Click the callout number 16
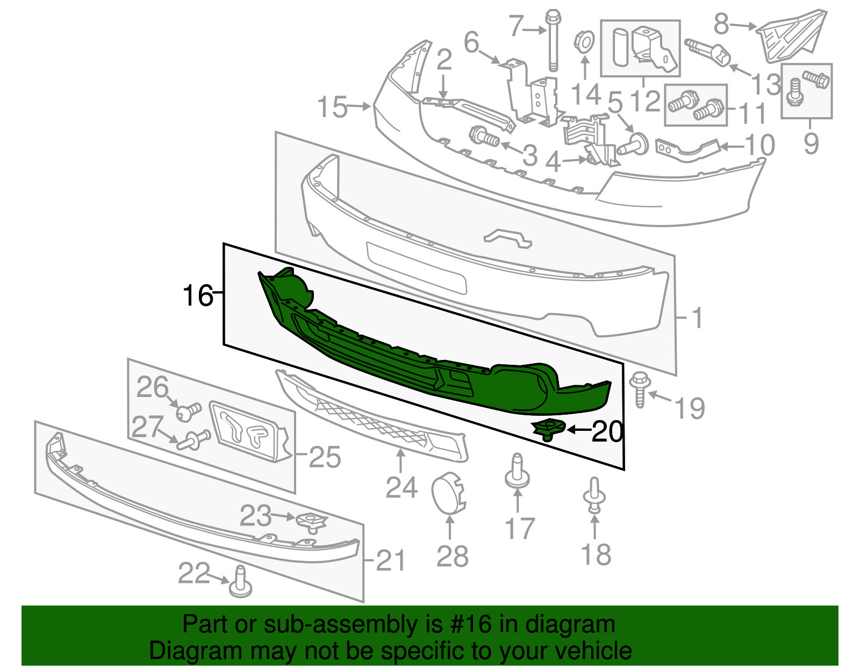pos(198,295)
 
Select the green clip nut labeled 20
pos(548,429)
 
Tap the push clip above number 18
pos(594,495)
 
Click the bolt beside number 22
pos(240,583)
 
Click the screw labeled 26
pos(188,412)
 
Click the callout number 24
pos(402,488)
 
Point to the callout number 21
pos(391,560)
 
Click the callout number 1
pos(697,318)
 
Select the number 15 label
pos(332,107)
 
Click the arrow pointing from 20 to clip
pos(579,429)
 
